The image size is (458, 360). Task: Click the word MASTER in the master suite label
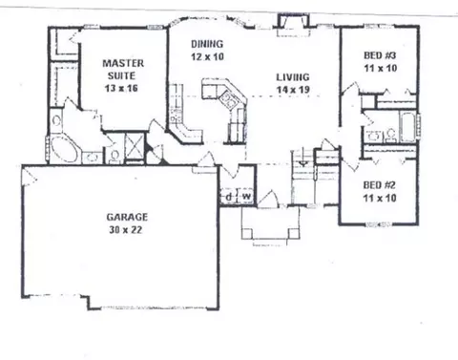click(123, 63)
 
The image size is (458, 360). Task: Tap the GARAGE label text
click(127, 217)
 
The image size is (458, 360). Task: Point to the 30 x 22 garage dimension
click(125, 229)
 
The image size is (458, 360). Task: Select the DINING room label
click(207, 44)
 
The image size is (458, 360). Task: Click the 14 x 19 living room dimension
click(293, 90)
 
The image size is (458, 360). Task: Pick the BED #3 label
click(380, 55)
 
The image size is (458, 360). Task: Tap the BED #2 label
click(380, 185)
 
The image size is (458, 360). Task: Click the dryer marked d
click(228, 197)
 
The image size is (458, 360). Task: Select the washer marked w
click(246, 197)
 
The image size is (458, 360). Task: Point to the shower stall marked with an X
click(135, 145)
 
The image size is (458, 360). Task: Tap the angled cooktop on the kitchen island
click(229, 99)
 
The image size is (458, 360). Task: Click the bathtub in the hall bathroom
click(407, 126)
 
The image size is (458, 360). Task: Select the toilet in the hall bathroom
click(390, 136)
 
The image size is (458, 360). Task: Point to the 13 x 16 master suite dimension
click(121, 88)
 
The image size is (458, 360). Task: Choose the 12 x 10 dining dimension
click(207, 56)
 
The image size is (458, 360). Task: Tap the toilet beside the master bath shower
click(114, 156)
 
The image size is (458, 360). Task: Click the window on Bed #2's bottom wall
click(377, 224)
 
